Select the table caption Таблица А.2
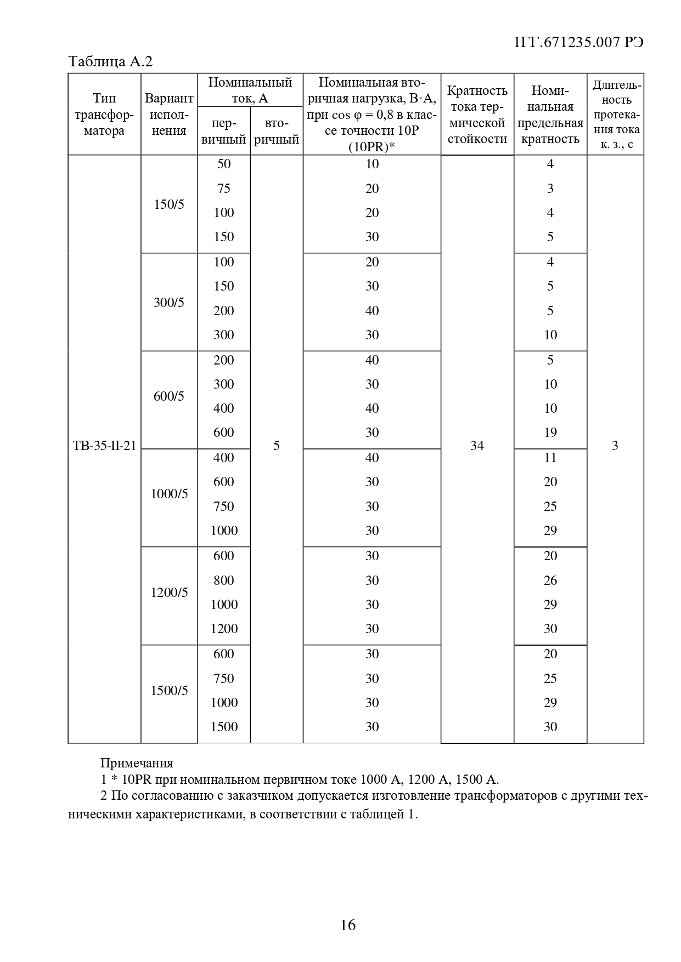[x=110, y=62]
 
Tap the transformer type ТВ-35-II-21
[x=104, y=446]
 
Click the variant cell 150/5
[x=169, y=205]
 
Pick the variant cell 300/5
[x=169, y=303]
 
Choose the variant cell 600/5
[x=169, y=396]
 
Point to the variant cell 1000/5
[x=169, y=494]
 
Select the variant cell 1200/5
[x=169, y=593]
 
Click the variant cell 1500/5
[x=169, y=691]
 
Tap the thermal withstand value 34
[x=477, y=446]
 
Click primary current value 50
[x=224, y=164]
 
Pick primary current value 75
[x=224, y=189]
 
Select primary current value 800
[x=224, y=580]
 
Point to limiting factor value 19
[x=550, y=432]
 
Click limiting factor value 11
[x=550, y=458]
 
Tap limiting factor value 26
[x=550, y=580]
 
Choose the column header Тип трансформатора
[x=104, y=115]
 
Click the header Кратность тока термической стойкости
[x=477, y=115]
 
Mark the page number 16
[x=348, y=925]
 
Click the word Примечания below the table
[x=137, y=763]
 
